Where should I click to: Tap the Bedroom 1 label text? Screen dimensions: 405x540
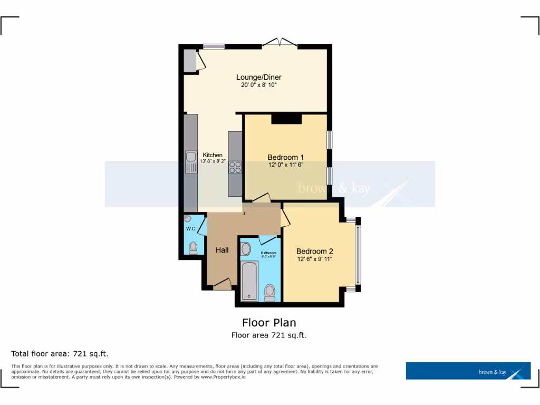point(285,157)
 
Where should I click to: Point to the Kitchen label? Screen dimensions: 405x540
point(213,155)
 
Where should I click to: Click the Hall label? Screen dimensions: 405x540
point(222,250)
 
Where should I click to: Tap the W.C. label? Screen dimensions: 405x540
point(190,229)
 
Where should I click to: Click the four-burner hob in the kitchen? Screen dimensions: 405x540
point(235,167)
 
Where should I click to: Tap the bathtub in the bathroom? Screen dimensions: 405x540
point(249,281)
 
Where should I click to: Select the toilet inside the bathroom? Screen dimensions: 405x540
point(270,292)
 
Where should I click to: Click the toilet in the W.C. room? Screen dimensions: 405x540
point(193,247)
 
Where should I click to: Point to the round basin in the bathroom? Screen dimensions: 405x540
point(246,249)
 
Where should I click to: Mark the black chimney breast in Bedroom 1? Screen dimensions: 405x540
point(286,119)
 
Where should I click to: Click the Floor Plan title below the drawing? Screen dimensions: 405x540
point(269,322)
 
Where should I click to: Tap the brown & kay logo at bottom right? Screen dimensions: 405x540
point(468,371)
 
